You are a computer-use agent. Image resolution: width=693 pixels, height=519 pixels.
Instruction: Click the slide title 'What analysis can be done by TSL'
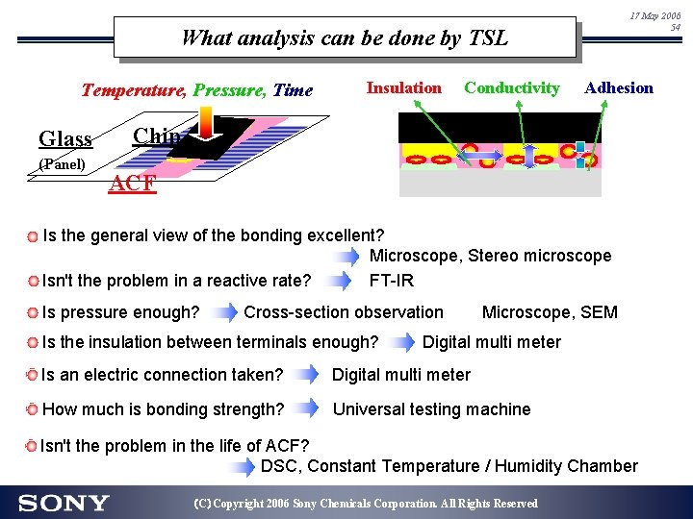(344, 38)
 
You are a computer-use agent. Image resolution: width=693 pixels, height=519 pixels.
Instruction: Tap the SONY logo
(64, 503)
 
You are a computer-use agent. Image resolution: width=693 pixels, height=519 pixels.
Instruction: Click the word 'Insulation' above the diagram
(403, 87)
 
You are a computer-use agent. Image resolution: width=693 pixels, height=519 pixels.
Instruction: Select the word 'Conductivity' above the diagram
(511, 87)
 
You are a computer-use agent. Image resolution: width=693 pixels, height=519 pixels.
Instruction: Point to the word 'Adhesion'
(618, 87)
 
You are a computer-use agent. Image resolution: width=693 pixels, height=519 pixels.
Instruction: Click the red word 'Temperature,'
(135, 90)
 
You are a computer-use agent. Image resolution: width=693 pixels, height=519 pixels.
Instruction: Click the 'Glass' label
(65, 139)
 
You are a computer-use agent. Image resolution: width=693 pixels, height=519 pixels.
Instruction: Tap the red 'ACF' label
(134, 184)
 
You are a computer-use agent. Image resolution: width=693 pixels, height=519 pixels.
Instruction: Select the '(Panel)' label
(63, 164)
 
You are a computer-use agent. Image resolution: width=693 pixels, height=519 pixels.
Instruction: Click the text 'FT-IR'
(393, 280)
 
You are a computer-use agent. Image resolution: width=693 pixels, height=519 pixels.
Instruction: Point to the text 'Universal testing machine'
(431, 409)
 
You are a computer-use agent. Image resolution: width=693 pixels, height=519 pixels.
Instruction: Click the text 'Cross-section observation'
(344, 311)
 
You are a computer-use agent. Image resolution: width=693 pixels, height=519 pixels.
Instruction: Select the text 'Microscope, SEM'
(550, 311)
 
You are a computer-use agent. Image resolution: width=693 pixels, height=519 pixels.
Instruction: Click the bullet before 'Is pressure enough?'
(33, 312)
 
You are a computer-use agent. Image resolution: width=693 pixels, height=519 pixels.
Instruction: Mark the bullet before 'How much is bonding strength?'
(33, 410)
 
